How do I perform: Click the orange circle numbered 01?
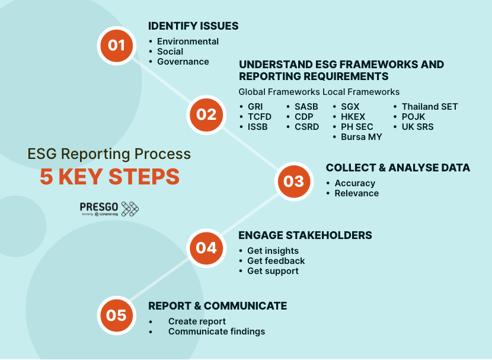click(117, 45)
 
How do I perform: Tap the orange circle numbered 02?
click(206, 114)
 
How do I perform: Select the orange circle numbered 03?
click(294, 181)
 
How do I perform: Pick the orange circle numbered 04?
click(206, 247)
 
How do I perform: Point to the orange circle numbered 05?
click(117, 315)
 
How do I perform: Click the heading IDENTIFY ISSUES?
click(193, 26)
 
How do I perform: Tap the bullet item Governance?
click(183, 62)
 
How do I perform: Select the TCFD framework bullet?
click(260, 117)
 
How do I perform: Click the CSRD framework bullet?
click(306, 127)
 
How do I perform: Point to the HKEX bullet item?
click(353, 117)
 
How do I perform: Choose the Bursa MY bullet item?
click(361, 137)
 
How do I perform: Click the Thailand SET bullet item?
click(429, 107)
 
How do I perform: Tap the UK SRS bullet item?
click(417, 127)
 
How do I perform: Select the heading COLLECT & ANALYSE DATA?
click(398, 168)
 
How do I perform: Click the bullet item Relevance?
click(356, 193)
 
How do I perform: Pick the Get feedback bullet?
click(276, 261)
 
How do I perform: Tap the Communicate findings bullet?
click(216, 332)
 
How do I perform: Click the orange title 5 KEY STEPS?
click(110, 177)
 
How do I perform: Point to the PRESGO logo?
click(109, 208)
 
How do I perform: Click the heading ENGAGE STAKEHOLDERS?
click(305, 235)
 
